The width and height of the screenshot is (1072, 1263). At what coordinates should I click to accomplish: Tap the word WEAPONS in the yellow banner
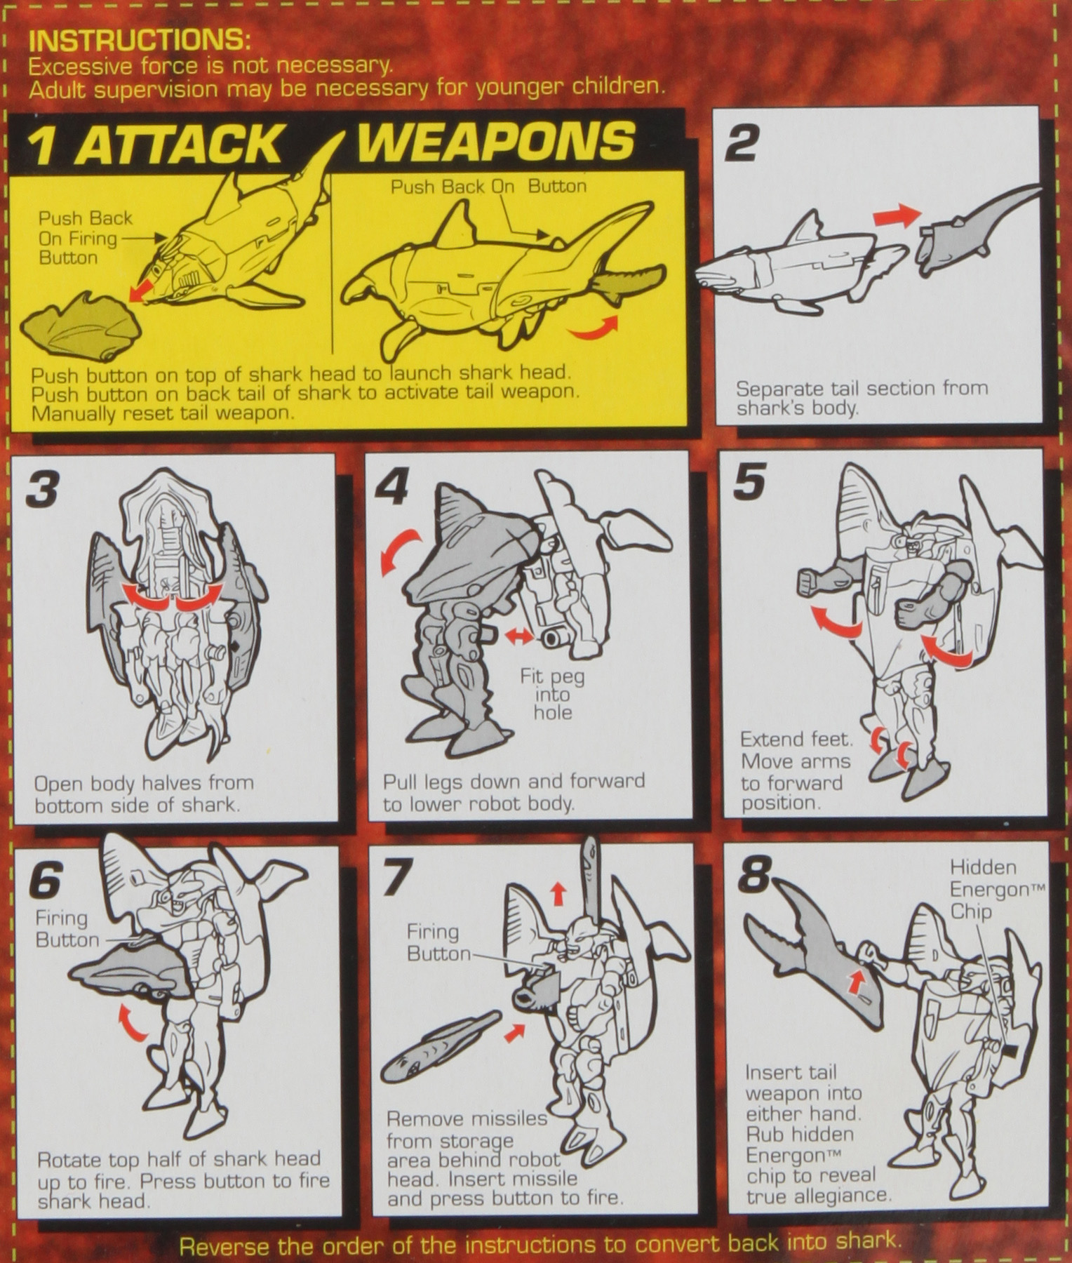[x=496, y=140]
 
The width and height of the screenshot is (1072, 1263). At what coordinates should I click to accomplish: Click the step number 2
[x=742, y=143]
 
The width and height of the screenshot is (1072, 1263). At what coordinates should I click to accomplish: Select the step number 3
[x=42, y=488]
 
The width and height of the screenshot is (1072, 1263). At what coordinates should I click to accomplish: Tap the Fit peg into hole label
[x=552, y=695]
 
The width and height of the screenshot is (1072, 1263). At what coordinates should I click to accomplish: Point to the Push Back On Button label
[x=488, y=187]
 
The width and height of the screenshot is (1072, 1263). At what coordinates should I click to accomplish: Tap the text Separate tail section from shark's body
[x=861, y=398]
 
